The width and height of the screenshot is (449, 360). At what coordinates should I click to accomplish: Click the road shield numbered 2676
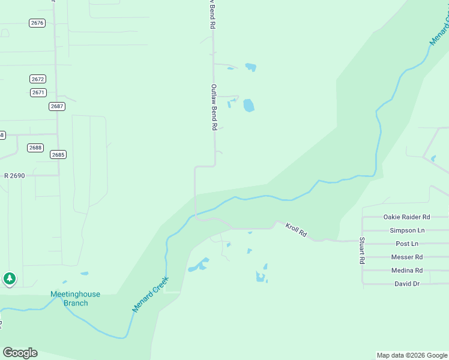pos(37,23)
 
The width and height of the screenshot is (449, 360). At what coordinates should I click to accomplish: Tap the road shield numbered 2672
pos(38,79)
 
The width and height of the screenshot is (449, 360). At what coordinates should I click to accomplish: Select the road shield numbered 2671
pos(38,92)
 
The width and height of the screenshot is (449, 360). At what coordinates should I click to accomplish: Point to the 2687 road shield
pos(57,106)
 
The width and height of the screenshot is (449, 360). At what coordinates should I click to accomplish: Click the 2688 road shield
pos(35,148)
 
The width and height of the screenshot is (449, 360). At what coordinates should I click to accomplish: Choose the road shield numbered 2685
pos(58,155)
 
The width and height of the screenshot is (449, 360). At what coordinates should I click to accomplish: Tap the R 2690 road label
pos(14,176)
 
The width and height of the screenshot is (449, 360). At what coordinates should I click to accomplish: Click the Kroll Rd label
pos(296,230)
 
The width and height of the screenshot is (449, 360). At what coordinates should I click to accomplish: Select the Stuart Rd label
pos(362,251)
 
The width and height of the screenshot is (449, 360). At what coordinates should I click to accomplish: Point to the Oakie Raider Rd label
pos(406,217)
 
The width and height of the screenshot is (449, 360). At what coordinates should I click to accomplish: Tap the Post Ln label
pos(406,244)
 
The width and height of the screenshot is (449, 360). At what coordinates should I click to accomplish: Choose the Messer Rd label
pos(406,257)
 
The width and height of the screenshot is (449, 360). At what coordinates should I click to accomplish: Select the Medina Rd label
pos(406,271)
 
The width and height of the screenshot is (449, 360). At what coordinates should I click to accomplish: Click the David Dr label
pos(406,284)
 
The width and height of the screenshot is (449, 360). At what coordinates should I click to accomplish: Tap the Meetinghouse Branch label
pos(75,299)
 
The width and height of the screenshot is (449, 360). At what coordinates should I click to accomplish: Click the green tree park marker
pos(9,278)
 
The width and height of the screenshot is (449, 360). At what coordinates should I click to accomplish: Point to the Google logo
pos(20,353)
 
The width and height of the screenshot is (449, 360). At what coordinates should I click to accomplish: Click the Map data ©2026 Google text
pos(411,355)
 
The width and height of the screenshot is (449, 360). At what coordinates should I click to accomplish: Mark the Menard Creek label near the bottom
pos(151,294)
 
